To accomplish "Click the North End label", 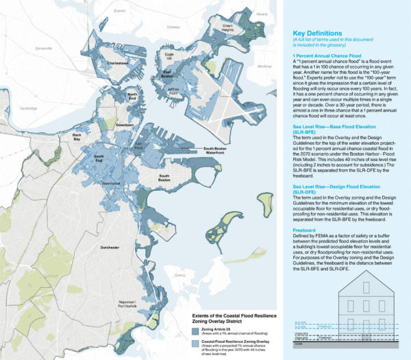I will coord(133,97).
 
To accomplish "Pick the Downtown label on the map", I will coord(124,125).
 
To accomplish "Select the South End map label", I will coord(99,160).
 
